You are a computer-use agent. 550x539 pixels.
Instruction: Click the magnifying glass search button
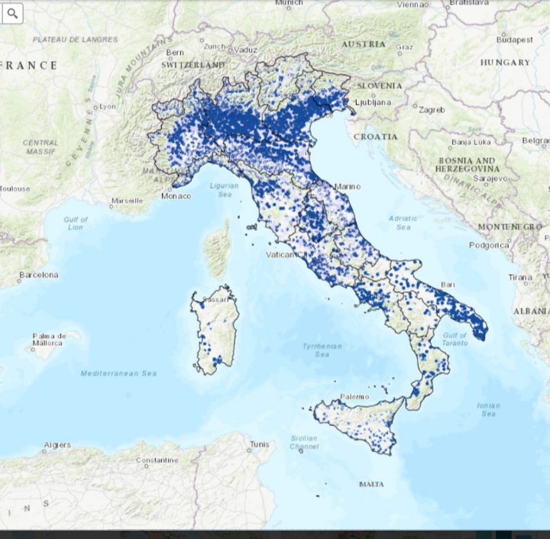coord(13,13)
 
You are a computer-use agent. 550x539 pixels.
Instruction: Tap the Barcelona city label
coord(39,275)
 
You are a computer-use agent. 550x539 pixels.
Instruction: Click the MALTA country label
coord(372,484)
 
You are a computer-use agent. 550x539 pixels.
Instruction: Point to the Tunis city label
coord(260,444)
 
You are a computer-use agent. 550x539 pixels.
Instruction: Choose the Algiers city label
coord(57,445)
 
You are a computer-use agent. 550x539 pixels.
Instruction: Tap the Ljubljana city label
coord(375,102)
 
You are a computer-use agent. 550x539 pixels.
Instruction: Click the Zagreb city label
coord(432,110)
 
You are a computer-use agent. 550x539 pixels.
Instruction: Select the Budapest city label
coord(513,39)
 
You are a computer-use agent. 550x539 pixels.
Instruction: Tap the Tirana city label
coord(520,277)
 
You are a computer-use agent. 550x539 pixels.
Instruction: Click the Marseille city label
coord(127,201)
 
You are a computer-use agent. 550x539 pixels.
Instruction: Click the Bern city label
coord(176,53)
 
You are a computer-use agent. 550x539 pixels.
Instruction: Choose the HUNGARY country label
coord(506,62)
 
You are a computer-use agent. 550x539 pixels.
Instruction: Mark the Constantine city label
coord(157,460)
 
